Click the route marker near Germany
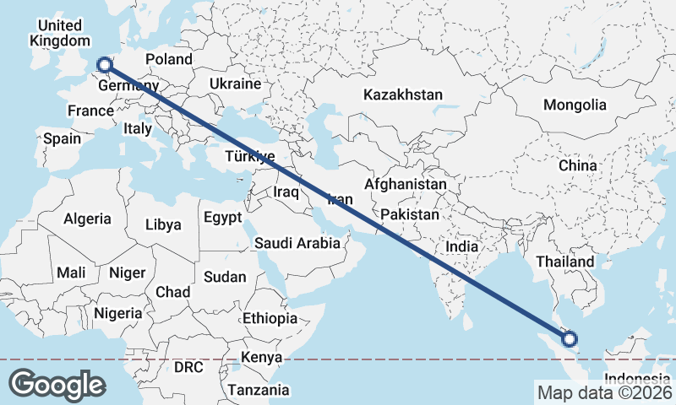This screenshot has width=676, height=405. pos(104,64)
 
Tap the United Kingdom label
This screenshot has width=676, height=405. pos(59,33)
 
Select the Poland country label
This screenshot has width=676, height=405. pos(169,60)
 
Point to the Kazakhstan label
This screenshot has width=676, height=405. pos(403,95)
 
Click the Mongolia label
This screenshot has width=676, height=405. pos(575,105)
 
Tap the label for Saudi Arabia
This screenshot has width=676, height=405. pos(297,244)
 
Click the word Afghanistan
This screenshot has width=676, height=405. pos(405,184)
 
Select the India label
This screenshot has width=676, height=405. pos(462,247)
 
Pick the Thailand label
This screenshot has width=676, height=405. pos(565,262)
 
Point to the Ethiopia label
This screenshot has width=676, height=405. pos(270,318)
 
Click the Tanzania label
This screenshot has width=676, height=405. pos(258,391)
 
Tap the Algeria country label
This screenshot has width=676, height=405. pos(87,219)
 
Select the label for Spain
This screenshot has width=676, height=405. pos(62,138)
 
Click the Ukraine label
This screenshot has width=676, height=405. pos(235,84)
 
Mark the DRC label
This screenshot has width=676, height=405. pos(189,368)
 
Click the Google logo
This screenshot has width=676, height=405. pos(57,384)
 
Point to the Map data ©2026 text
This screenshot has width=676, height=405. pos(602,392)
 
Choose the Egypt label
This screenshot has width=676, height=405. pos(223,218)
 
